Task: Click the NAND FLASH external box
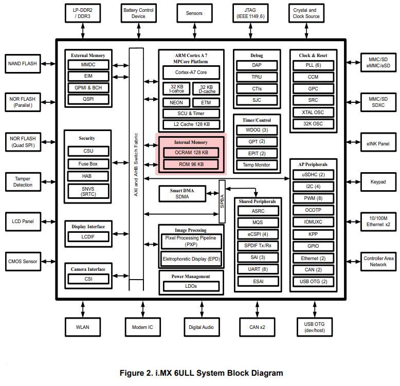point(22,64)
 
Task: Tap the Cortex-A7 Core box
point(191,72)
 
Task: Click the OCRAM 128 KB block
point(191,153)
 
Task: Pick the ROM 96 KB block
point(191,164)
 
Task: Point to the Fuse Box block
point(88,164)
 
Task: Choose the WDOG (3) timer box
point(257,130)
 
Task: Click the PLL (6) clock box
point(313,65)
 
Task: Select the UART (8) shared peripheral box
point(258,269)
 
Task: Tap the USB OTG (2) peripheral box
point(313,282)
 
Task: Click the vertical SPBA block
point(222,201)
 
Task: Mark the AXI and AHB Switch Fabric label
point(136,164)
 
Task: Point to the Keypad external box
point(378,182)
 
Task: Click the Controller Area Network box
point(378,261)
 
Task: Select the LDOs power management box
point(191,286)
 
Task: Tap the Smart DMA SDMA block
point(183,194)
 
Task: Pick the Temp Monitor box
point(257,165)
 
